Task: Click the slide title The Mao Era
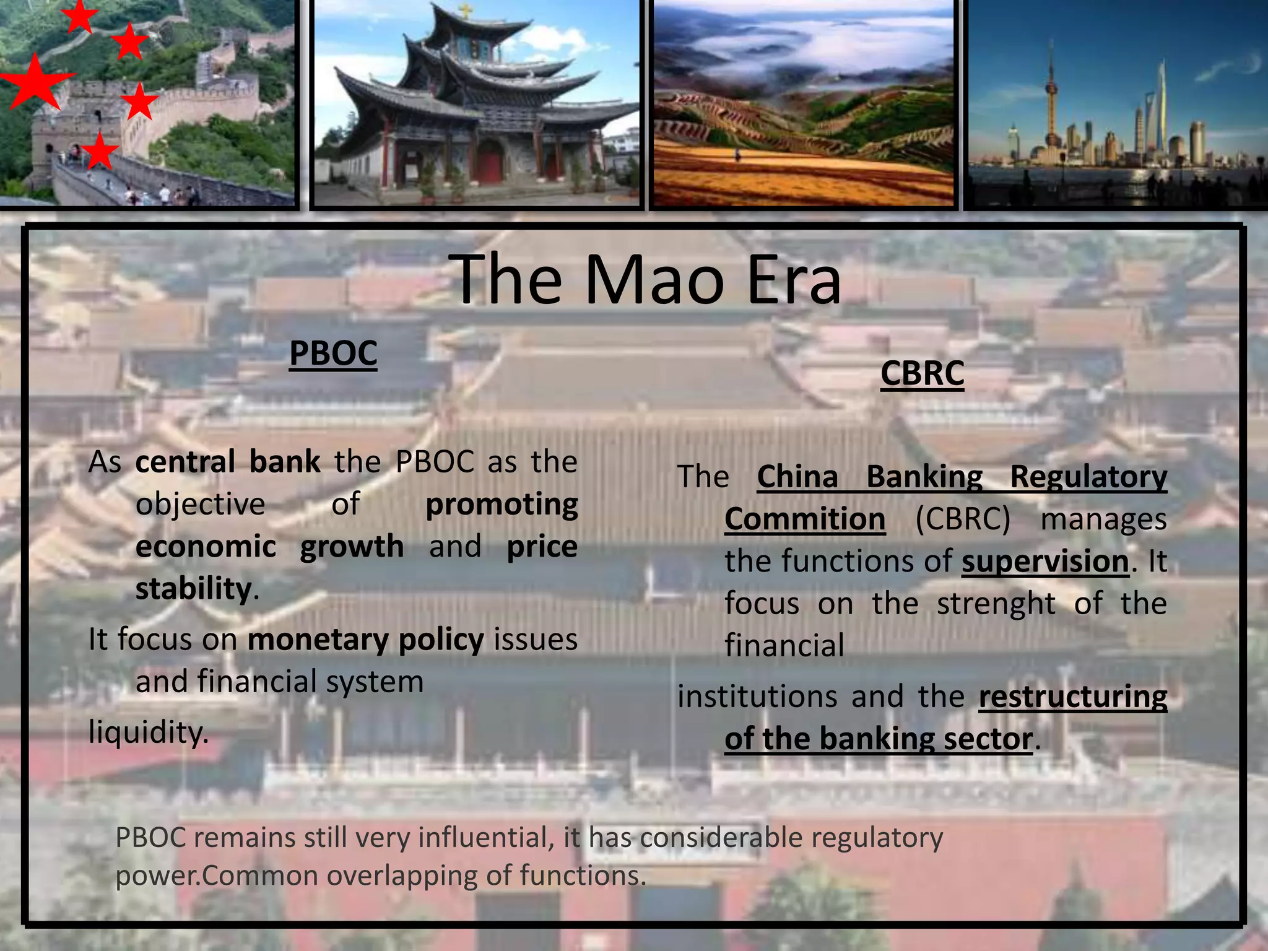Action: [648, 280]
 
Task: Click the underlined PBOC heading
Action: [333, 354]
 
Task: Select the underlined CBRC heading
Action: [922, 373]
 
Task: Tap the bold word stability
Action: [193, 589]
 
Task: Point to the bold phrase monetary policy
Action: [365, 640]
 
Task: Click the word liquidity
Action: [149, 732]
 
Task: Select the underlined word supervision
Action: [1045, 562]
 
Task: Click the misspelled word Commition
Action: [804, 519]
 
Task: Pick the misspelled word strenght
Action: [996, 604]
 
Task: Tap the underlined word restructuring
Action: [1072, 697]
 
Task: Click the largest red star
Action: [34, 82]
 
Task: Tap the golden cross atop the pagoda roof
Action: [464, 11]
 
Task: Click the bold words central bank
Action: [227, 462]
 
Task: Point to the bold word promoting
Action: [502, 504]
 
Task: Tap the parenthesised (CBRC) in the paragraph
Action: [962, 519]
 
